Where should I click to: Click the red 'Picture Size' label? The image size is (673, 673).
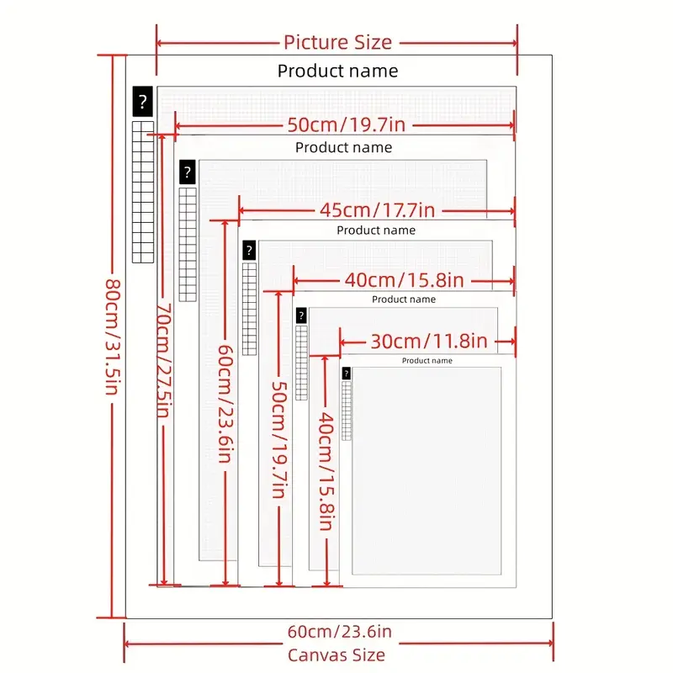click(x=338, y=43)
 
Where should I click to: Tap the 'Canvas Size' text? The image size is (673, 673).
click(x=336, y=655)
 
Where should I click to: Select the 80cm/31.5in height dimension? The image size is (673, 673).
click(x=113, y=337)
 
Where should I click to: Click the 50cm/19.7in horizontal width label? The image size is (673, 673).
click(x=347, y=125)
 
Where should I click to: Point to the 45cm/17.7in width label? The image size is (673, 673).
click(x=377, y=210)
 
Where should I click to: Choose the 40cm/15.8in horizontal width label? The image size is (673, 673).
click(x=405, y=280)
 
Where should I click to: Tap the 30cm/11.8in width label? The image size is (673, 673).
click(x=429, y=342)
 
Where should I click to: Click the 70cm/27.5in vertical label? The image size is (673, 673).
click(x=163, y=360)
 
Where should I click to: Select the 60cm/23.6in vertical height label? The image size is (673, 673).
click(x=225, y=404)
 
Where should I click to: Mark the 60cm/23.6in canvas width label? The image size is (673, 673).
click(x=340, y=632)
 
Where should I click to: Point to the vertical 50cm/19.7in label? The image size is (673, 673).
click(x=279, y=440)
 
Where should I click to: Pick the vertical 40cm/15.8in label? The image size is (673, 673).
click(x=326, y=471)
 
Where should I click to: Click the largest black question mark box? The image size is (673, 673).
click(x=142, y=101)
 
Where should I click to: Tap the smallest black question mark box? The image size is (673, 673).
click(x=347, y=374)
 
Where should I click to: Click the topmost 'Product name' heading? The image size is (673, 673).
click(x=338, y=71)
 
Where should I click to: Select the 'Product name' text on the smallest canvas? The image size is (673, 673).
click(x=427, y=361)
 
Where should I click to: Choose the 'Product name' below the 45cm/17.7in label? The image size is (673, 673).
click(x=376, y=231)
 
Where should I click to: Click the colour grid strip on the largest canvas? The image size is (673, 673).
click(x=143, y=192)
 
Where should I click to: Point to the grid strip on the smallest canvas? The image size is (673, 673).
click(x=347, y=411)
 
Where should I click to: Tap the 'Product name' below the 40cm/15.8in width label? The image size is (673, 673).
click(x=404, y=299)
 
